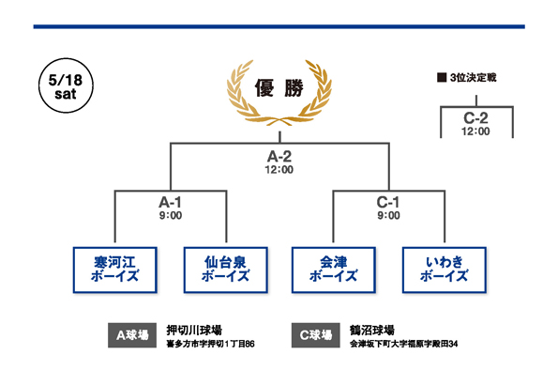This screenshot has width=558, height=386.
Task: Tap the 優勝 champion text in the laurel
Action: pos(279,88)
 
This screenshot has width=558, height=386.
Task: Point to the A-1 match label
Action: pos(170,203)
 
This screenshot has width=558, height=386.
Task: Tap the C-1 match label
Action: pos(388,203)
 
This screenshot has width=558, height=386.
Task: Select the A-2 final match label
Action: pos(279,157)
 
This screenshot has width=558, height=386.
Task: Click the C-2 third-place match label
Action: pos(475,118)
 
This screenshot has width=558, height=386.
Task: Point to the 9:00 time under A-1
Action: pos(171,215)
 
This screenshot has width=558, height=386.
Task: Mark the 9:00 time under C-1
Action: pos(388,215)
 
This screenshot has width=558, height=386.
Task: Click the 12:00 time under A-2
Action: pos(279,170)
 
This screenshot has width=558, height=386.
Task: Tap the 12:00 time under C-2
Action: pos(475,131)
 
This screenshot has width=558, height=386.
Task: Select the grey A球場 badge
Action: pos(132,335)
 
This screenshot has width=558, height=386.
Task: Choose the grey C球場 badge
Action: pos(316,335)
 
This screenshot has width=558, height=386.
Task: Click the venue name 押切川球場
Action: pos(194,330)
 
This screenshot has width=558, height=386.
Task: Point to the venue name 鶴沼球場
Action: pos(372,330)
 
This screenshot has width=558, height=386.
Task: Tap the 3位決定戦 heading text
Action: pos(473,78)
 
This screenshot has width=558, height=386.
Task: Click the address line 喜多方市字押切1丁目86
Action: pos(211,344)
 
